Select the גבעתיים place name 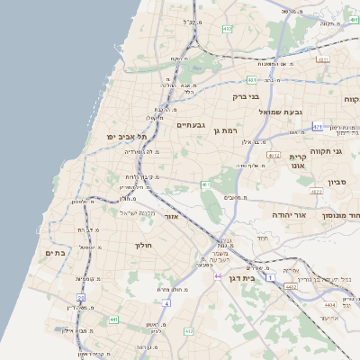pos(192,125)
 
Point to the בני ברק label pos(246,96)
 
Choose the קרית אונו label pos(298,161)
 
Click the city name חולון pos(144,245)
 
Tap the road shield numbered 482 pos(228,29)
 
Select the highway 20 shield pos(80,297)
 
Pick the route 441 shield pos(113,319)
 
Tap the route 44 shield pos(218,275)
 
